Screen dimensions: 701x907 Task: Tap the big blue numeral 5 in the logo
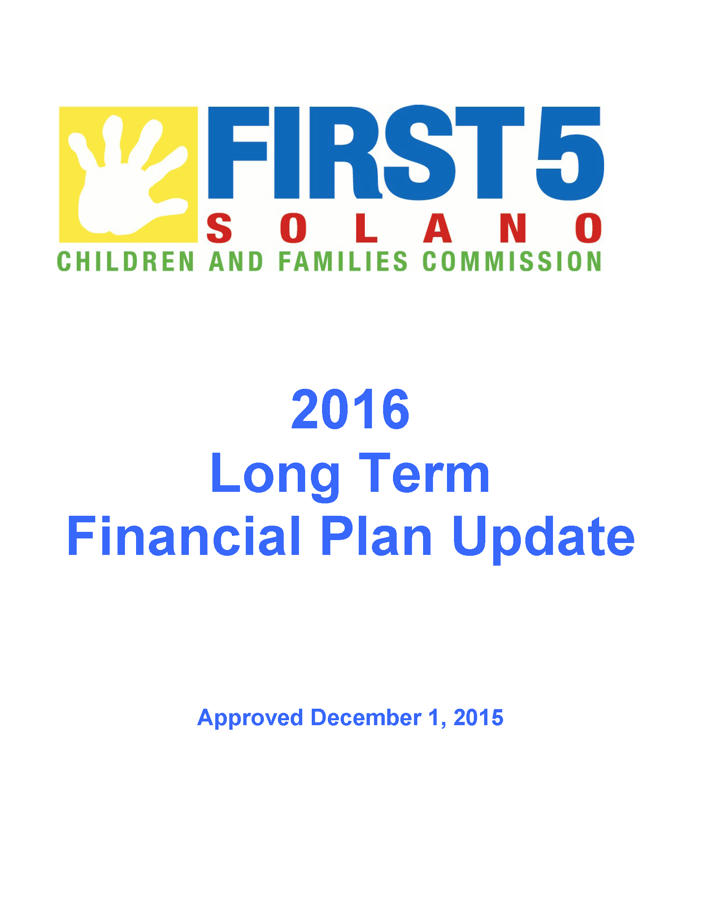click(x=569, y=153)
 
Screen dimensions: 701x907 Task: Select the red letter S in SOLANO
click(x=219, y=228)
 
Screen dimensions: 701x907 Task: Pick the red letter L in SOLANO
click(x=367, y=228)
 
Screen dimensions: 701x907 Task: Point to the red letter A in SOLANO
click(x=437, y=228)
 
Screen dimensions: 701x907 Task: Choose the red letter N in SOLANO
click(x=513, y=228)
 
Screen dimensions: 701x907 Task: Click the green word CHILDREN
click(x=125, y=261)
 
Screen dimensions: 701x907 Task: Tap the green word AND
click(x=236, y=261)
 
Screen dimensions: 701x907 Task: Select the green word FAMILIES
click(x=343, y=261)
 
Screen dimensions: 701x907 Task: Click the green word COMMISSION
click(x=512, y=261)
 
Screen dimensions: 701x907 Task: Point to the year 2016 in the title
click(x=350, y=409)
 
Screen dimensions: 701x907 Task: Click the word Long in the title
click(x=275, y=477)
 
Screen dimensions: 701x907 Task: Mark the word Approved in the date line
click(x=250, y=718)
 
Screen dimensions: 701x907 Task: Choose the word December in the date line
click(x=366, y=717)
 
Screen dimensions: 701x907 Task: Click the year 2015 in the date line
click(x=478, y=717)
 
